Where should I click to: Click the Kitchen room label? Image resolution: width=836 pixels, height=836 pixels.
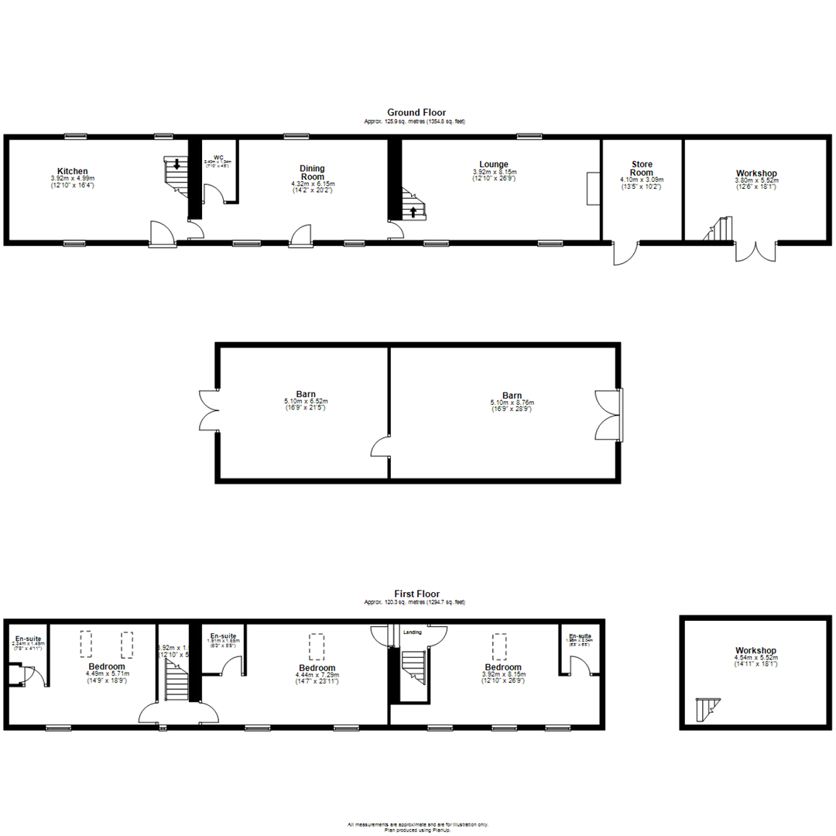coord(72,171)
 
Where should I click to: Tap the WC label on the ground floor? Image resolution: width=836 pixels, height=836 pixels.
coord(218,156)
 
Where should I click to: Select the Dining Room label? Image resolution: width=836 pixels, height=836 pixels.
coord(313,172)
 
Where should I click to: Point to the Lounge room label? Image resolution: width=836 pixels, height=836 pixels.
coord(493,164)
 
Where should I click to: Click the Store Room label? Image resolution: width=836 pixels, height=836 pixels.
coord(642,168)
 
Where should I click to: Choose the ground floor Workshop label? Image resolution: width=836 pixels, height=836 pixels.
coord(757,173)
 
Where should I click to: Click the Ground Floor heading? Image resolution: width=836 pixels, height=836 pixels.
coord(416,113)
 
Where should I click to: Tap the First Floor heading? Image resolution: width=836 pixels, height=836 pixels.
coord(416,594)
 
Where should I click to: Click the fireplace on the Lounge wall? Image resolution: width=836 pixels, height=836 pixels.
coord(592,189)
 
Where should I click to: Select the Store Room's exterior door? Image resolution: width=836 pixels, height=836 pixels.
coord(625,253)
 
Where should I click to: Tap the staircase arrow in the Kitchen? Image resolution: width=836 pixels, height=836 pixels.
coord(177,163)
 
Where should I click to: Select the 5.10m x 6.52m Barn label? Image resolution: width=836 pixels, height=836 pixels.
coord(305,393)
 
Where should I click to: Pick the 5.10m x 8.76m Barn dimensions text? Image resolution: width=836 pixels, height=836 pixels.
coord(512,403)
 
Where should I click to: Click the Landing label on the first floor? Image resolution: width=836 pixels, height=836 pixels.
coord(413,632)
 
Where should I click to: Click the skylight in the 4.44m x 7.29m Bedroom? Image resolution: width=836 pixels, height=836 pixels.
coord(316,644)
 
